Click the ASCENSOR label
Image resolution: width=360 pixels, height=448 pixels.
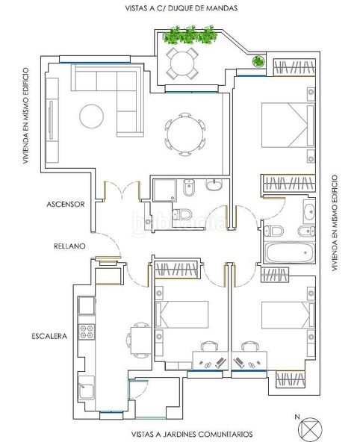point(66,205)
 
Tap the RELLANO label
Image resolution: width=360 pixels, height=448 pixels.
point(69,246)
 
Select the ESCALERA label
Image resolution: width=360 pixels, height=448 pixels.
point(49,336)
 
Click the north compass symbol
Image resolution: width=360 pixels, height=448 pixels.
point(310,429)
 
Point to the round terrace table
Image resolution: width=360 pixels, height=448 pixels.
point(182,63)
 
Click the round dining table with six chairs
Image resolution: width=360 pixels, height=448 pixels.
point(185,134)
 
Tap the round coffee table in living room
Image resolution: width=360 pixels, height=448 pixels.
point(91,116)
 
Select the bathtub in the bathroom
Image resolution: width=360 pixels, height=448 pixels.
point(290,252)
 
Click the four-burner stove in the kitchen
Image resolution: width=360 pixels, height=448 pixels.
point(87,332)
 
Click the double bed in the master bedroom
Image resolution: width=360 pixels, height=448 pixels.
point(288,125)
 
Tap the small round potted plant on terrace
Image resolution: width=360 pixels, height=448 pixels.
point(258,61)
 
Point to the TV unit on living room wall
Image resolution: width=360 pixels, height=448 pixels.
point(52,120)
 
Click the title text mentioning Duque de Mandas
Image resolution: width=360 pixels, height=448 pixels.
point(181,8)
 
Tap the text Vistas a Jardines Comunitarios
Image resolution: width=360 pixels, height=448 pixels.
point(192,435)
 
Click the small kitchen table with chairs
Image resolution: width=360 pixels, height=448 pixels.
point(139,340)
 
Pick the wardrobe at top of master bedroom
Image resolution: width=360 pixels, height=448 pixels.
point(294,67)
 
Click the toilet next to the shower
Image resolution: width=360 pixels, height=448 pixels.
point(182,214)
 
